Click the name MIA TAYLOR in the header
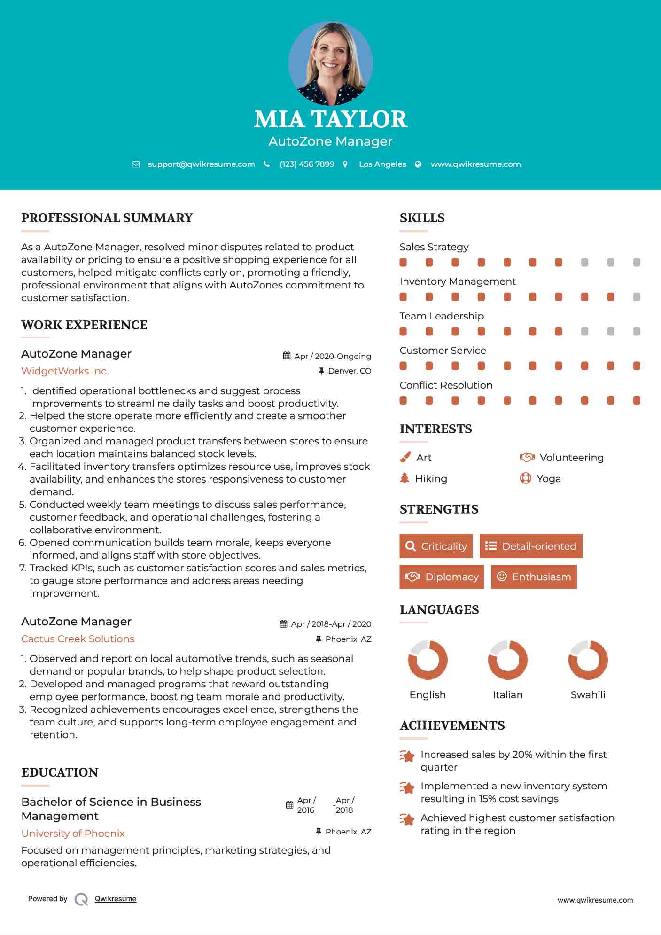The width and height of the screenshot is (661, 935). click(330, 119)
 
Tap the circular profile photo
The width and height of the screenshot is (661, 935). click(330, 63)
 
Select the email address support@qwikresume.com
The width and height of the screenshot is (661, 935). click(201, 164)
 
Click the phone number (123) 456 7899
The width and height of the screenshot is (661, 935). click(307, 164)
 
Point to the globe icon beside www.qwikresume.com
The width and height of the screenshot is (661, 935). click(418, 164)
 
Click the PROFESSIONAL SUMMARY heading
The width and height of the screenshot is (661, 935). click(107, 218)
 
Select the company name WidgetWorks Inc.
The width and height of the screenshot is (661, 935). click(65, 371)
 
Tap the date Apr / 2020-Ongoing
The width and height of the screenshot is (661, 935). click(332, 356)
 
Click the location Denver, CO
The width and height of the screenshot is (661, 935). click(349, 371)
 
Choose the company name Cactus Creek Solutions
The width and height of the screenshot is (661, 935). click(78, 639)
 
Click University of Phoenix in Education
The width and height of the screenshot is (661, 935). click(73, 834)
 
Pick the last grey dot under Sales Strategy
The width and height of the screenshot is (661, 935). click(637, 262)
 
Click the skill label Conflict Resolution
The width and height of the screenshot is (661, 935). click(446, 385)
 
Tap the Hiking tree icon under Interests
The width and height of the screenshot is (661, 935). click(404, 478)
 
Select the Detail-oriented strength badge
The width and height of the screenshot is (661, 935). click(531, 546)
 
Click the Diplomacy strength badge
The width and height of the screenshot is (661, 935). click(442, 577)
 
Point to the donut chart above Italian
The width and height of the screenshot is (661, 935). click(507, 660)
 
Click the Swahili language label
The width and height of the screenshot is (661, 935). click(588, 695)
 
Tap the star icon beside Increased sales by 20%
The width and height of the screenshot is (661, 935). click(407, 756)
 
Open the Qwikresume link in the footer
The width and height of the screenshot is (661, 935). click(116, 899)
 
